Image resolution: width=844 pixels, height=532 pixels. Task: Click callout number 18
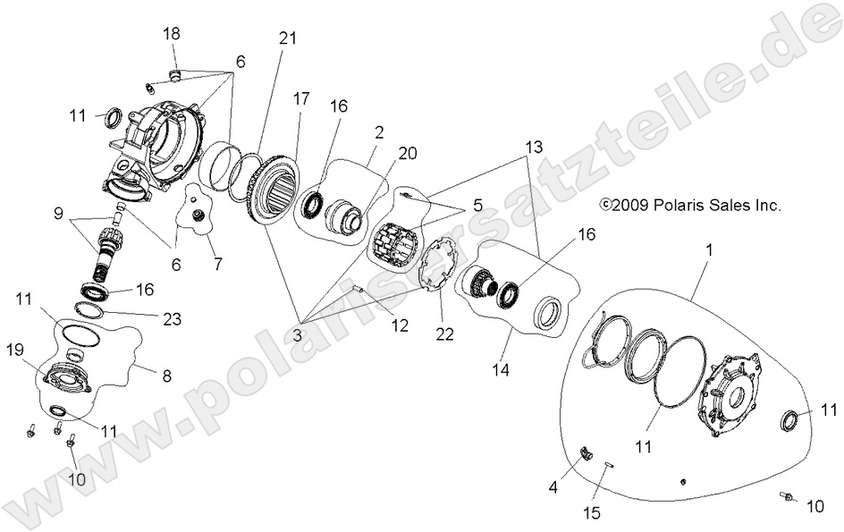pos(171,33)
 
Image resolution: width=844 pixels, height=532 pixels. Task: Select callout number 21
pos(288,38)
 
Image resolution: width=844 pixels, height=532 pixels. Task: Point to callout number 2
pos(379,132)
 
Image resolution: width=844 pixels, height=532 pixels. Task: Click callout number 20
pos(408,153)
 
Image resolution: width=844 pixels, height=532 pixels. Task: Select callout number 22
pos(444,334)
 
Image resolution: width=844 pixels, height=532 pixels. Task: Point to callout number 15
pos(593,513)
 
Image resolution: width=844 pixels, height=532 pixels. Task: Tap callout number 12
pos(400,325)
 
